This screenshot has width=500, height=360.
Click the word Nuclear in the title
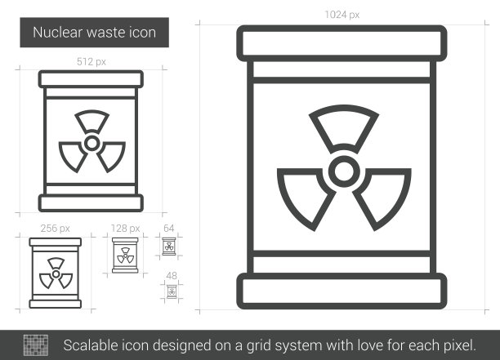click(x=57, y=33)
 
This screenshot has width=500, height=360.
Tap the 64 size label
click(x=168, y=228)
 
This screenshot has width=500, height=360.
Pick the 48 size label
click(x=172, y=276)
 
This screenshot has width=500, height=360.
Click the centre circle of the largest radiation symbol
click(x=344, y=171)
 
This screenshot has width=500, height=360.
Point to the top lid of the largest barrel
click(x=342, y=43)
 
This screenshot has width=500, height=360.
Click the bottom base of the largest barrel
click(x=342, y=291)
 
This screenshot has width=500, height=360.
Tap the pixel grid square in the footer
click(x=36, y=345)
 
